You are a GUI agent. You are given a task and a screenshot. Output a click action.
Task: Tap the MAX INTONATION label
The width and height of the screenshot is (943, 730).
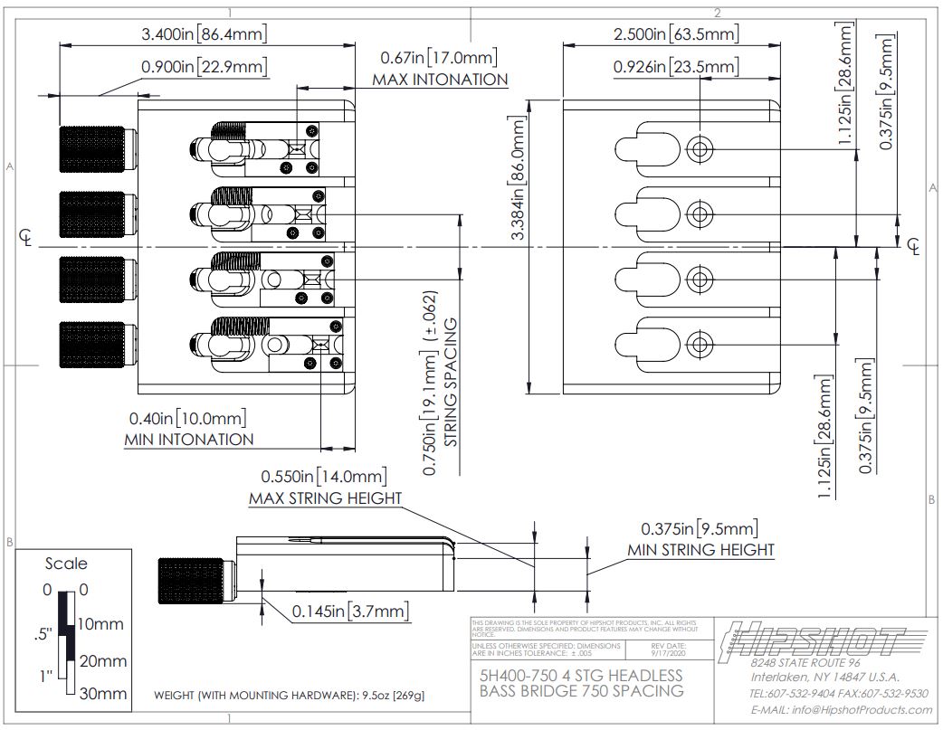pos(440,80)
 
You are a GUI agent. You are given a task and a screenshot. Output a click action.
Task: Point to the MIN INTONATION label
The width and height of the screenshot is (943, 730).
pos(188,440)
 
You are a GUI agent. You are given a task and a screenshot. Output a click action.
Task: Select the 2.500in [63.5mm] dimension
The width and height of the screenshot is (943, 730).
pos(676,35)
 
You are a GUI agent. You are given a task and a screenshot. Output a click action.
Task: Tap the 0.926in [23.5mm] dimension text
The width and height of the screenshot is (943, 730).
pos(675,67)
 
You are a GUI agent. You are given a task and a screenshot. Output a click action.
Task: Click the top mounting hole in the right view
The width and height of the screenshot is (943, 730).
pos(697,149)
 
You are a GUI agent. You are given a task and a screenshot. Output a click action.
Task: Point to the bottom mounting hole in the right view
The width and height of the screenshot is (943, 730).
pos(697,343)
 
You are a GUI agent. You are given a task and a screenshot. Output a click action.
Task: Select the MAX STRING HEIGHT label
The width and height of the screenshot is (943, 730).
pos(325,498)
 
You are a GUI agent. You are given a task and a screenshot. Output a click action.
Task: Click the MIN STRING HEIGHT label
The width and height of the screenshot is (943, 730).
pos(700,550)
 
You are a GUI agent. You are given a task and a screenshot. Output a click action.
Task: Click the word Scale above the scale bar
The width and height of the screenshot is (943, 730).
pos(66,564)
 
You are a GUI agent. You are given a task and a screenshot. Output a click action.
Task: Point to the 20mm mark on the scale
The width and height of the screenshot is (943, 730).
pos(104,661)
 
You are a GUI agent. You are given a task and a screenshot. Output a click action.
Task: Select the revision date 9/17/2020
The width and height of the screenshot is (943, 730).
pos(668,651)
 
